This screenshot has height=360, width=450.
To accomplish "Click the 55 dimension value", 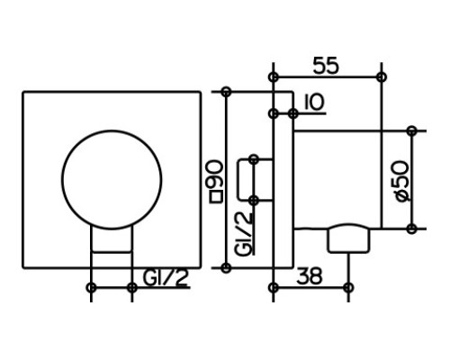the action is [326, 66].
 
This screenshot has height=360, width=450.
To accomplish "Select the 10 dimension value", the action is [314, 102].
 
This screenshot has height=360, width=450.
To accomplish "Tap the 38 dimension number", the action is [310, 276].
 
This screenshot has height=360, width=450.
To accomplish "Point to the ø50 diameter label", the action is [402, 181].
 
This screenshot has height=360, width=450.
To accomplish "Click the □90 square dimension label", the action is [216, 182].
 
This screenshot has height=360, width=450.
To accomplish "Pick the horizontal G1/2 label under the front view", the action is [166, 278].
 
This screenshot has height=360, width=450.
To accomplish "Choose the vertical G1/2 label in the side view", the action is [243, 234].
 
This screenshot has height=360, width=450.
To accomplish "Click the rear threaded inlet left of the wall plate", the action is [255, 180].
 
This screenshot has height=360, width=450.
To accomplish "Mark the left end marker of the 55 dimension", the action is [273, 77].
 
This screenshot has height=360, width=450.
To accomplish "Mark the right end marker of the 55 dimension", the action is [382, 77].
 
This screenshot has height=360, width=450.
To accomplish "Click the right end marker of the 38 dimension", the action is [348, 288].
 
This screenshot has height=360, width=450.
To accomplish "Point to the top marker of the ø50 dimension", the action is [412, 130].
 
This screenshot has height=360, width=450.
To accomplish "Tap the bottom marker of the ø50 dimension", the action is [412, 229].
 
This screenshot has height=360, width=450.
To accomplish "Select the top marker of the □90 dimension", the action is [226, 92].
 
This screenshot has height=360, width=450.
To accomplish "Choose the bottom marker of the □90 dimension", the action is [226, 267].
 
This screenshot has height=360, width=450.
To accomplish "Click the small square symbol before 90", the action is [216, 197].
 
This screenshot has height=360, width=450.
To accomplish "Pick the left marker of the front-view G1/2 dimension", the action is [91, 288].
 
